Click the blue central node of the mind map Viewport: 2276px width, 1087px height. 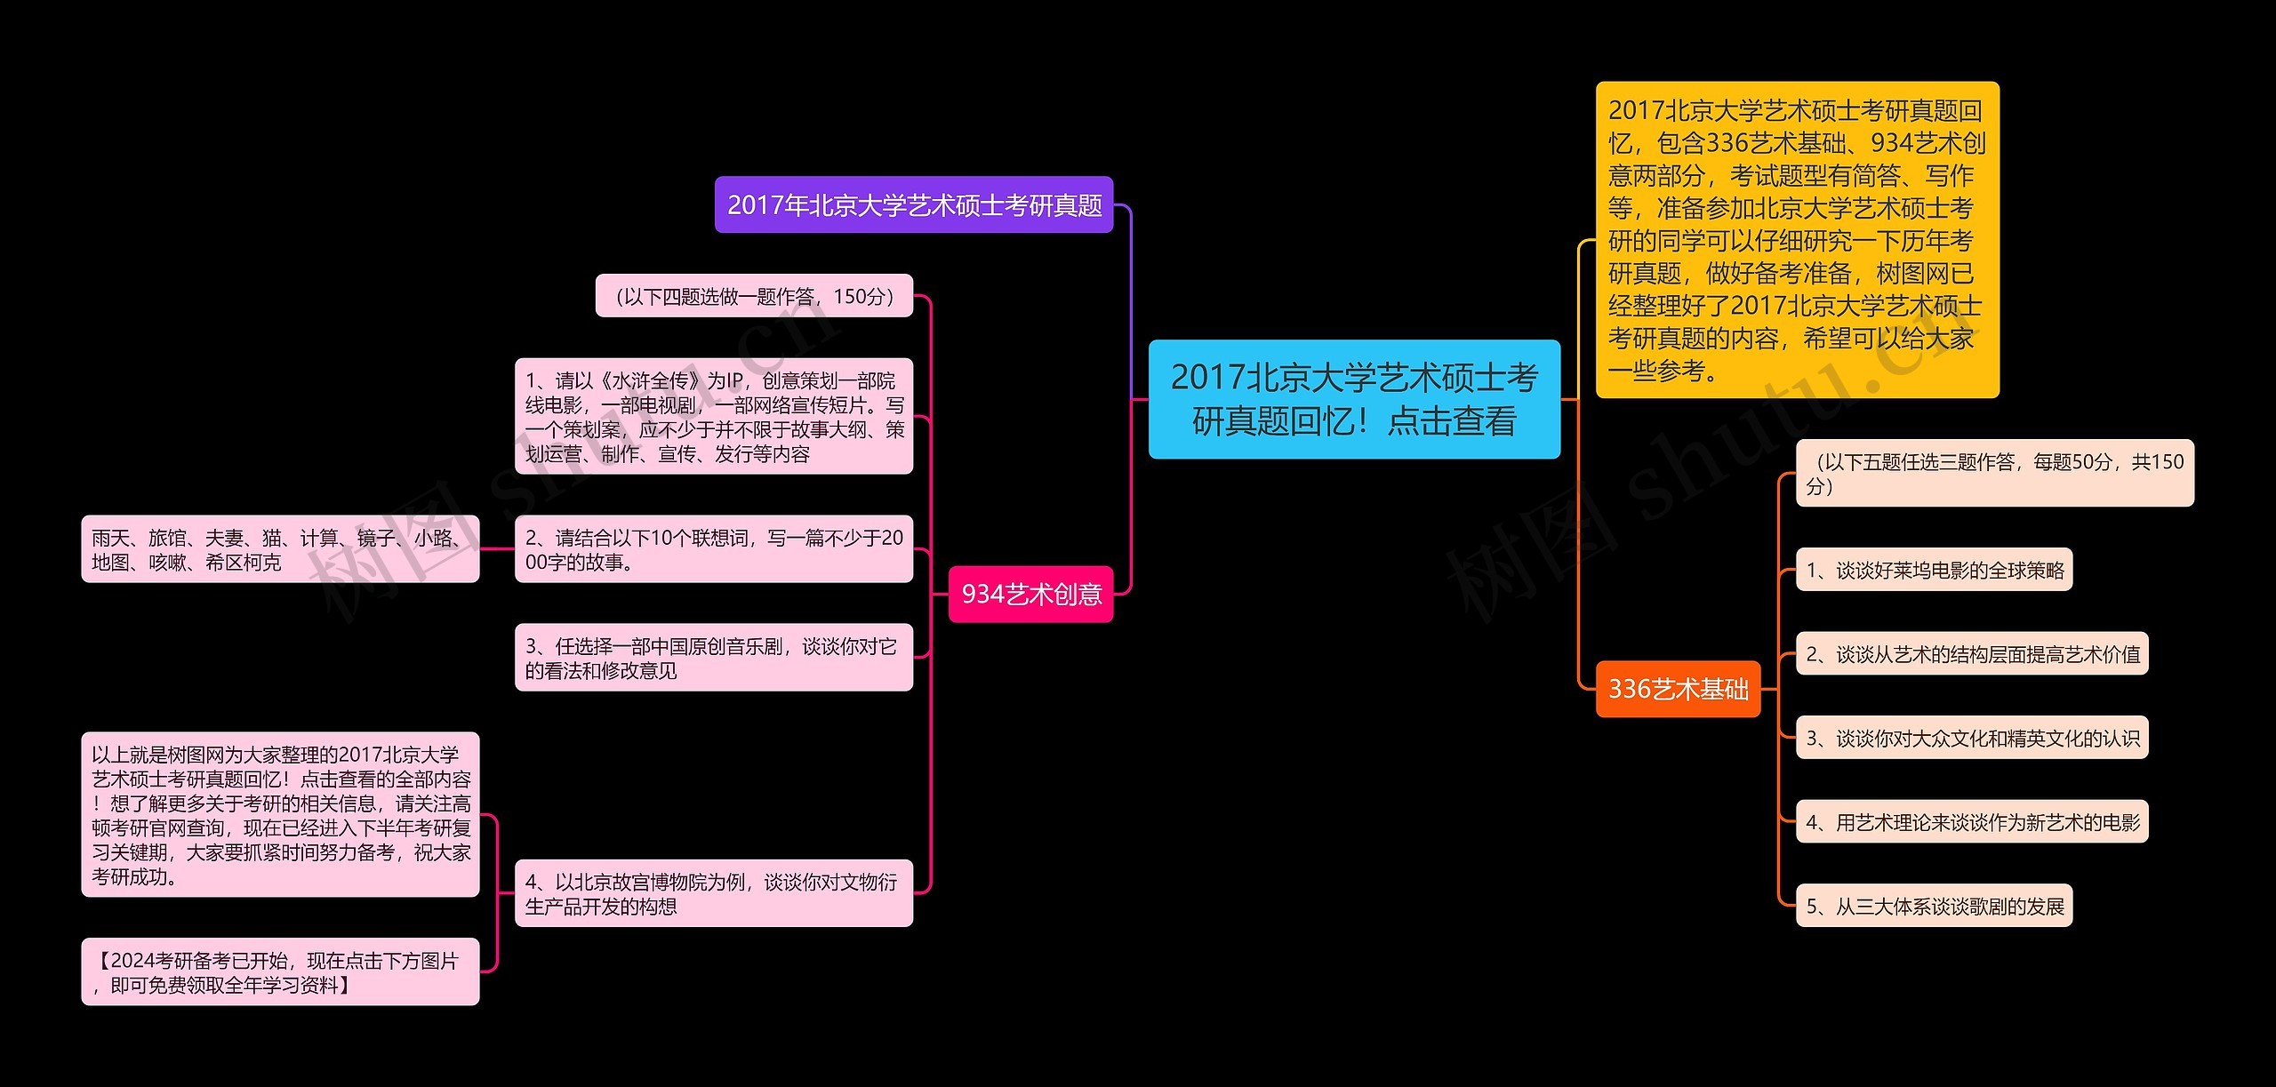[1353, 399]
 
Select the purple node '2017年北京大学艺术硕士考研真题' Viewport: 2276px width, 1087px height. [913, 205]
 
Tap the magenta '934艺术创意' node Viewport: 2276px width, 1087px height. [1030, 594]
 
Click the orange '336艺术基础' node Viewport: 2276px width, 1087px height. [1677, 689]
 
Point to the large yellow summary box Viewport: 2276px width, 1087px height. [1796, 240]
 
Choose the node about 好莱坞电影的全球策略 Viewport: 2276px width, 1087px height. [1934, 570]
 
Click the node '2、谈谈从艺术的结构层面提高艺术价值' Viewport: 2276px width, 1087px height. [1971, 654]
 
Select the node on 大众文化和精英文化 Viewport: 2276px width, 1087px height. [1971, 738]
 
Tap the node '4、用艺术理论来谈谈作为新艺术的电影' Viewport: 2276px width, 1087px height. [1971, 822]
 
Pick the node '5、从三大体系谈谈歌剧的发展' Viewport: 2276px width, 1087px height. [1934, 906]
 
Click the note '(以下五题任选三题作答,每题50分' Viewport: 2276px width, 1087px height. [1994, 473]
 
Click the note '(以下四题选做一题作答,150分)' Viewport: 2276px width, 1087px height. [754, 296]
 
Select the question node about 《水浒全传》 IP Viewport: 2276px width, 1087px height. [713, 417]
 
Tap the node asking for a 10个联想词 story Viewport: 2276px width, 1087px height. [713, 549]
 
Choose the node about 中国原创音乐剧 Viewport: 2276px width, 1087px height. [713, 658]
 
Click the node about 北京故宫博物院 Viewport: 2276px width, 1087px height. [713, 893]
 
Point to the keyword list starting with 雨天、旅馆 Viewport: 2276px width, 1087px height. [279, 549]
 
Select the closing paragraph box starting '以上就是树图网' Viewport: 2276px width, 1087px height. [279, 815]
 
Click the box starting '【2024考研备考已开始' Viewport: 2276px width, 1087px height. [279, 972]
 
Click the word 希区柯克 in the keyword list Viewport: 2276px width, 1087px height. [243, 563]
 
